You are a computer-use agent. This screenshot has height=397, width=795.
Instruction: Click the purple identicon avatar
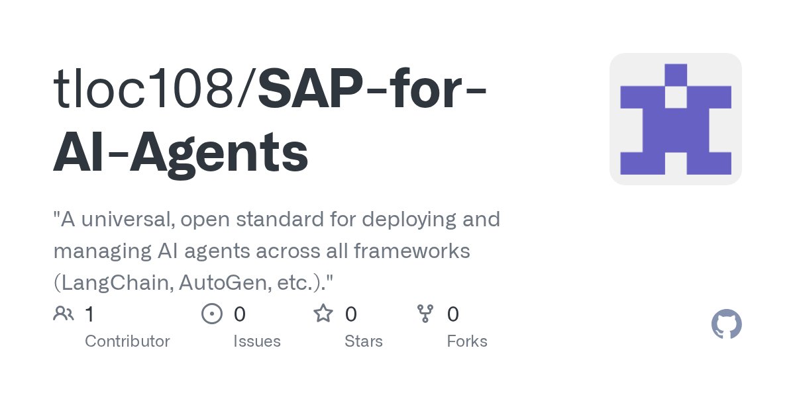(675, 119)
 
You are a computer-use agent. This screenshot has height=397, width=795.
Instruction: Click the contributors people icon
(64, 314)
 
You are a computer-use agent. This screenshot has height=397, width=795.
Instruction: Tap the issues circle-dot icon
(212, 314)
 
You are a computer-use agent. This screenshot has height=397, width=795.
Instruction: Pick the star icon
(323, 314)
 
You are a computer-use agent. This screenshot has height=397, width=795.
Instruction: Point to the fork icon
(425, 314)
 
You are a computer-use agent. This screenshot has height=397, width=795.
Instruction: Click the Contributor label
(127, 341)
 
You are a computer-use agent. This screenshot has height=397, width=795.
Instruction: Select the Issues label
(256, 341)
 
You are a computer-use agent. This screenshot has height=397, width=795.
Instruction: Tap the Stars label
(363, 341)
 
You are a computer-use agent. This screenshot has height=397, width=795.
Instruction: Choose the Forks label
(466, 341)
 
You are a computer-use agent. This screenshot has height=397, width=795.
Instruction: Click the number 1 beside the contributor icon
(89, 314)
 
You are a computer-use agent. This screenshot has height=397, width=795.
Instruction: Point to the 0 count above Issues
(239, 314)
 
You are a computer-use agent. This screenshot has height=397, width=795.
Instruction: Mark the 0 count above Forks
(452, 314)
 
